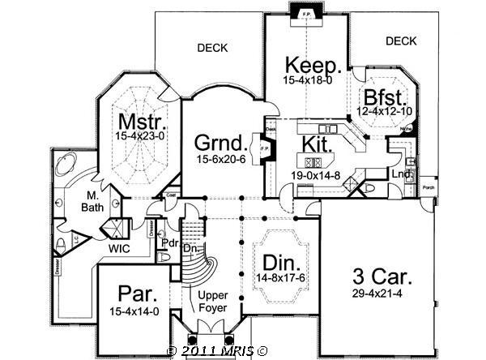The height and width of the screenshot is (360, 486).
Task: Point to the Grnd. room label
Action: (217, 144)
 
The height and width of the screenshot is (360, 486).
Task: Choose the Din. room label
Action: (280, 262)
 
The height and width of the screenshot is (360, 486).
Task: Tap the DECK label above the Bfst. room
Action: (400, 41)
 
